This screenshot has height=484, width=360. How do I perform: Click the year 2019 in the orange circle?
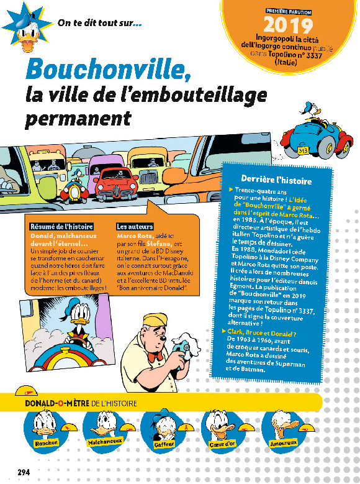[x=289, y=25]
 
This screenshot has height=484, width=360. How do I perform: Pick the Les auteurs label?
[x=135, y=227]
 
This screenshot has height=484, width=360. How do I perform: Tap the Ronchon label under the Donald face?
[x=47, y=442]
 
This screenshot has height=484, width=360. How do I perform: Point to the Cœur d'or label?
[x=222, y=443]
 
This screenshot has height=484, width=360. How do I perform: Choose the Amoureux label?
[x=284, y=443]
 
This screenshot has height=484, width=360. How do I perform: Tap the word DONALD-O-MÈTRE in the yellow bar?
[x=55, y=403]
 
